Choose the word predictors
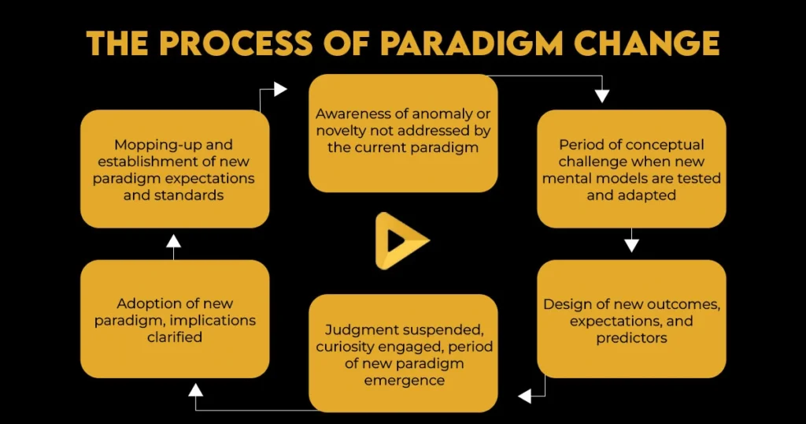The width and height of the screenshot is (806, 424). (630, 337)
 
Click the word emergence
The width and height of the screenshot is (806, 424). (404, 380)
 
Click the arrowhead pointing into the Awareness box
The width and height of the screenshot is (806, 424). (279, 90)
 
